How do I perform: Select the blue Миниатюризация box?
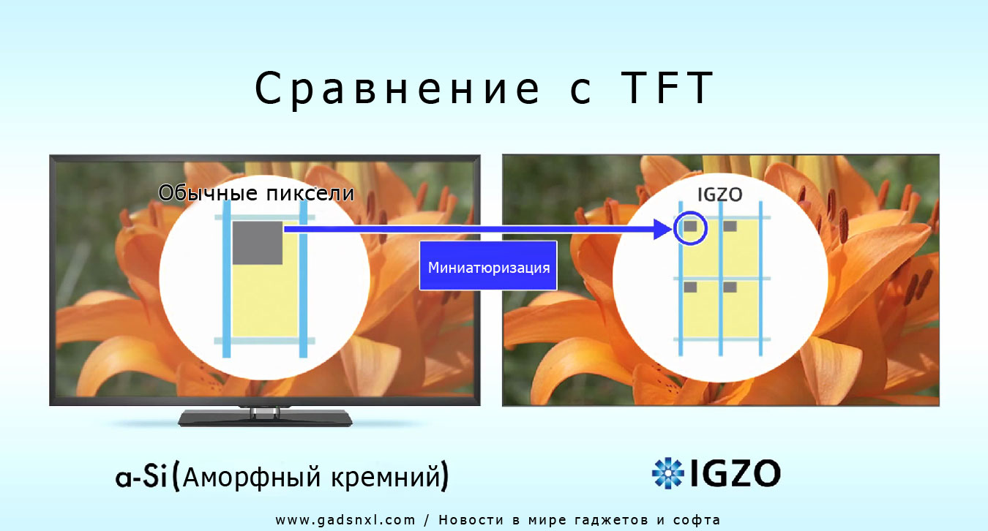tap(488, 265)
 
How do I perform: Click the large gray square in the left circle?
tap(258, 243)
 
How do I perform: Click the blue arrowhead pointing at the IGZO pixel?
tap(663, 229)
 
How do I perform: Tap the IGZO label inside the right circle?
tap(720, 195)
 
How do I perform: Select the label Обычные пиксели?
tap(256, 193)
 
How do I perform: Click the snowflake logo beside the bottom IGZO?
tap(667, 473)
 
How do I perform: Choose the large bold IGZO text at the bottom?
tap(735, 473)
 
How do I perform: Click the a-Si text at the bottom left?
tap(141, 477)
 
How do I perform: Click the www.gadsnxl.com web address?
tap(345, 520)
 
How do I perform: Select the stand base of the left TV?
tap(265, 418)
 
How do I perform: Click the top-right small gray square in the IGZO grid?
tap(730, 226)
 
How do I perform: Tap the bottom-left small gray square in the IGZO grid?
tap(690, 287)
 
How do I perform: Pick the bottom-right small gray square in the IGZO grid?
tap(730, 287)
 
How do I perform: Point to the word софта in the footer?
tap(697, 521)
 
